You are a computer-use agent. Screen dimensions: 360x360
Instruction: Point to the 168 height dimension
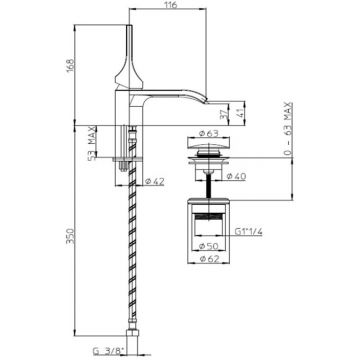pos(70,65)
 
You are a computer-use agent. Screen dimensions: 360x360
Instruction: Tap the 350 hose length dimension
pos(70,236)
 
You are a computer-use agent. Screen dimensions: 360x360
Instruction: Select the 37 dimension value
pos(225,115)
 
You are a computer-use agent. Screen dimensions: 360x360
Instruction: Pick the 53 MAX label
pos(92,143)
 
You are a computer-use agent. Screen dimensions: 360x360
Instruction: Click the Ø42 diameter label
pos(155,181)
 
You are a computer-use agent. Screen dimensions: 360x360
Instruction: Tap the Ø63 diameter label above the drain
pos(208,133)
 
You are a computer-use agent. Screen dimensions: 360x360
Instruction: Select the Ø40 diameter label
pos(236,176)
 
